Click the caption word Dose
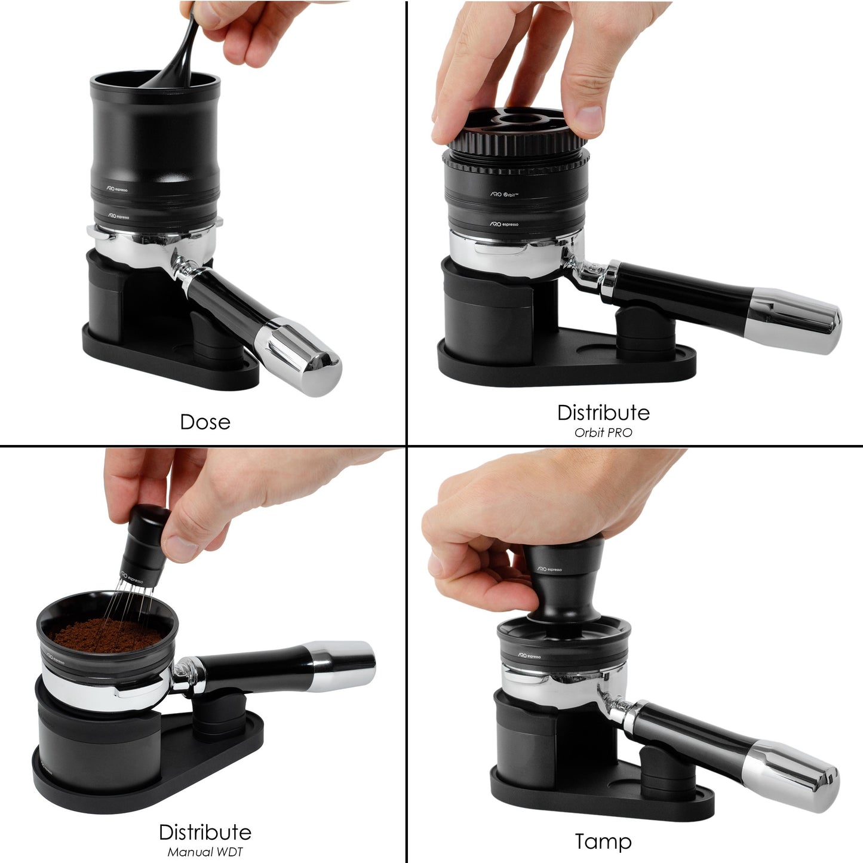tap(205, 422)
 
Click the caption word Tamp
tap(603, 841)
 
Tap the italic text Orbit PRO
tap(603, 432)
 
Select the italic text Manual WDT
tap(205, 852)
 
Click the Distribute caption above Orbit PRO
tap(603, 413)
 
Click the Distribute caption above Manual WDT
tap(205, 832)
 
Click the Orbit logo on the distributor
tap(505, 195)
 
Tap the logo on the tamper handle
tap(549, 569)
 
